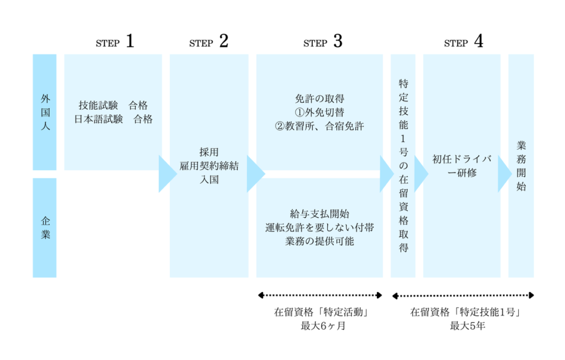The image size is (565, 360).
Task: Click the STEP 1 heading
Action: pyautogui.click(x=115, y=42)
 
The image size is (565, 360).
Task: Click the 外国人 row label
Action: pyautogui.click(x=45, y=112)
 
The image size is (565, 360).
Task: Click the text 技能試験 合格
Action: pyautogui.click(x=113, y=105)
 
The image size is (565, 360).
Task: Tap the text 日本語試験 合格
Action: pyautogui.click(x=113, y=119)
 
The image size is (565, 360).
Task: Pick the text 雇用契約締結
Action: pyautogui.click(x=209, y=166)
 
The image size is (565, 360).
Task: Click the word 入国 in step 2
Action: pyautogui.click(x=209, y=179)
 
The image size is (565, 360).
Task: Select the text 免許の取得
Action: pyautogui.click(x=319, y=99)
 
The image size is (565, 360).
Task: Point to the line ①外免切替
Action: pyautogui.click(x=319, y=112)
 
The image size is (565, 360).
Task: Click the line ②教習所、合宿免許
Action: pyautogui.click(x=319, y=126)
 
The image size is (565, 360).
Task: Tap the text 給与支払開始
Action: pyautogui.click(x=319, y=214)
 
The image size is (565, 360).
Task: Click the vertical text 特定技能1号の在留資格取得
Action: pyautogui.click(x=403, y=166)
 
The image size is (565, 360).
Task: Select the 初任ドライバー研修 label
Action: pyautogui.click(x=462, y=166)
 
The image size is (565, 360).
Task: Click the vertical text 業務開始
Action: pyautogui.click(x=521, y=166)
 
